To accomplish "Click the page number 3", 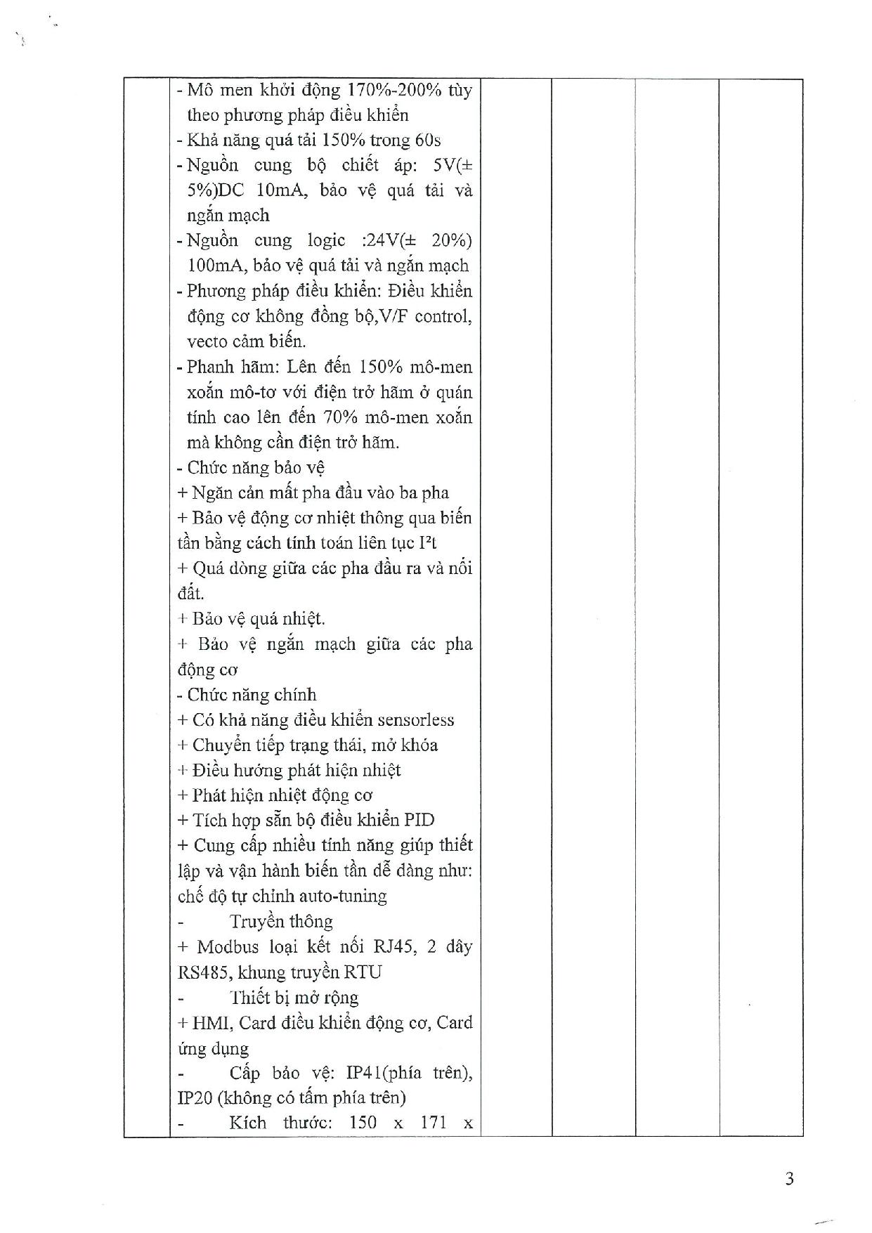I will (x=789, y=1178).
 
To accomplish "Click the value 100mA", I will (x=209, y=266).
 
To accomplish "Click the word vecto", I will (x=205, y=341).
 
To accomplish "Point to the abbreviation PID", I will (x=419, y=820).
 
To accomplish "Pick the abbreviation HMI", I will (x=209, y=1022).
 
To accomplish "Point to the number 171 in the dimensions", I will (x=434, y=1123).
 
